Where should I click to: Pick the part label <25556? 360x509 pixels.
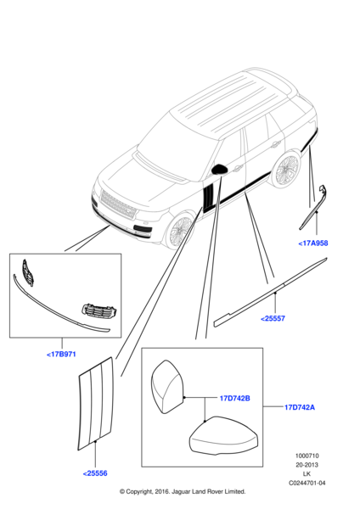(x=94, y=473)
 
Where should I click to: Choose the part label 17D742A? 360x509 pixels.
(x=301, y=408)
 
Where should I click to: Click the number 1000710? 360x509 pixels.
(x=307, y=455)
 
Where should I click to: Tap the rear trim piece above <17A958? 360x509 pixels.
(x=314, y=207)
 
